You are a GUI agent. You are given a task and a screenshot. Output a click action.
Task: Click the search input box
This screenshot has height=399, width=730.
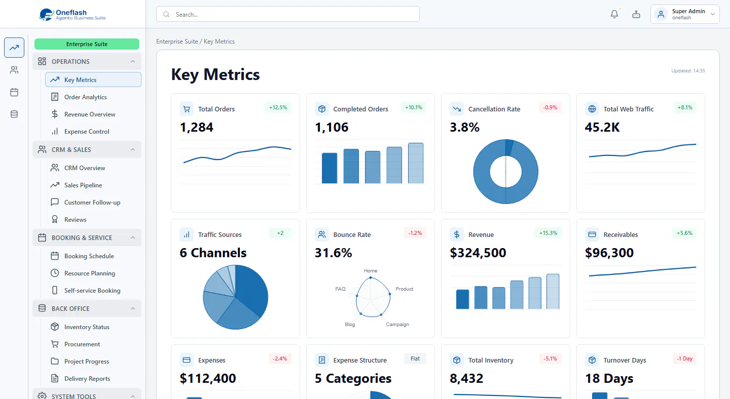(288, 14)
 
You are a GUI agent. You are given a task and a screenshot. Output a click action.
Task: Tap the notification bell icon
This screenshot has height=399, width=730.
(614, 14)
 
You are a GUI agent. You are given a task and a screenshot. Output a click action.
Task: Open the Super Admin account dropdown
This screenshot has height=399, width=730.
(685, 14)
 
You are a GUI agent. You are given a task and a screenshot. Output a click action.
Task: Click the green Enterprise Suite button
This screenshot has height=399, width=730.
(87, 44)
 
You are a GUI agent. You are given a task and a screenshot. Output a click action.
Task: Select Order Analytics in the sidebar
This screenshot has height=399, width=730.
(85, 97)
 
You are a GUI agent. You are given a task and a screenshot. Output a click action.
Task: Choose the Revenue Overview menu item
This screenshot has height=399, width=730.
(90, 114)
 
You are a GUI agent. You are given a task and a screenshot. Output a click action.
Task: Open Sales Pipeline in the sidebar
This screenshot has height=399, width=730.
(83, 185)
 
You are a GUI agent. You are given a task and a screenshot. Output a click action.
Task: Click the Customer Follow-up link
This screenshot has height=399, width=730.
(92, 203)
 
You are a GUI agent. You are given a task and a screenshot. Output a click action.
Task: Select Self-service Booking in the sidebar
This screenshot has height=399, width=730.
(92, 291)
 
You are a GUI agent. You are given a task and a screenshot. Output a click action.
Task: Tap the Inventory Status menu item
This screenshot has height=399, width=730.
(87, 327)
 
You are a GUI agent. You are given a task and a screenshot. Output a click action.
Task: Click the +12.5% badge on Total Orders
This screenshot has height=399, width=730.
(278, 107)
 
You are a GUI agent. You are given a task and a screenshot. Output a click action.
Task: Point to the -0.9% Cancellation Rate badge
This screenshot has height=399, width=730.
(550, 107)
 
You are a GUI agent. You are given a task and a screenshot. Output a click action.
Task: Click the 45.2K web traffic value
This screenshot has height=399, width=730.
(602, 127)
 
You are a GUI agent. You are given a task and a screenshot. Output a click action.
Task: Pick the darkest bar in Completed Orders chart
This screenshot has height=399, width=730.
(330, 168)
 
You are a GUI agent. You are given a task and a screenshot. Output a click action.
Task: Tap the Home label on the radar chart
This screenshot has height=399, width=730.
(371, 271)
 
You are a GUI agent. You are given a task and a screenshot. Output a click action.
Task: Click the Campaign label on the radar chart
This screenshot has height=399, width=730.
(397, 325)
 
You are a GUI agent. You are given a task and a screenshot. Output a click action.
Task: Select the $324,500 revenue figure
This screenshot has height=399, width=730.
(478, 253)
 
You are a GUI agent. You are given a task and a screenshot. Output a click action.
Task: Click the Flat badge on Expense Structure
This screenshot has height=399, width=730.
(415, 358)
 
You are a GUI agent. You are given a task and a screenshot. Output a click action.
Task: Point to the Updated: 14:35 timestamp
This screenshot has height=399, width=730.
(688, 70)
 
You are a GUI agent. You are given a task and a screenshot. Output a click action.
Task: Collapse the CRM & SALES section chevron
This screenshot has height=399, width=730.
(133, 150)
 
